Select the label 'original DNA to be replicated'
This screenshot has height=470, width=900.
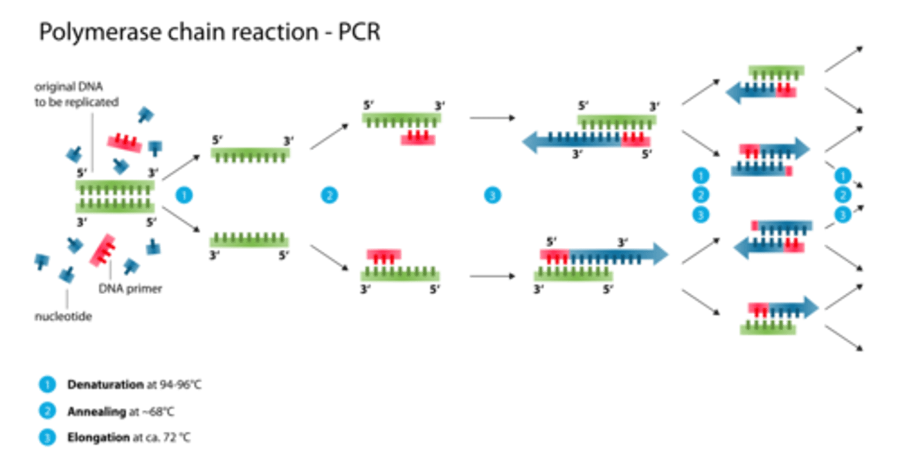[76, 95]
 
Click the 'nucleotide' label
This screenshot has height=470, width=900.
[63, 317]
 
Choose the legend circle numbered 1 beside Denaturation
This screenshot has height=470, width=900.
[46, 384]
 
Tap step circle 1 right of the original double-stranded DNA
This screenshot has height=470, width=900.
[184, 196]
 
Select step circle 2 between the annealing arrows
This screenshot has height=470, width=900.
[329, 196]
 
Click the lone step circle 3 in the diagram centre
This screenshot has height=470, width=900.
[492, 196]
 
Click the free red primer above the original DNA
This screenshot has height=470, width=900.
[126, 143]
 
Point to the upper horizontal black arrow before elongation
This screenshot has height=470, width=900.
[492, 118]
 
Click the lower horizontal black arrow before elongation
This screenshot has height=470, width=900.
[492, 275]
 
